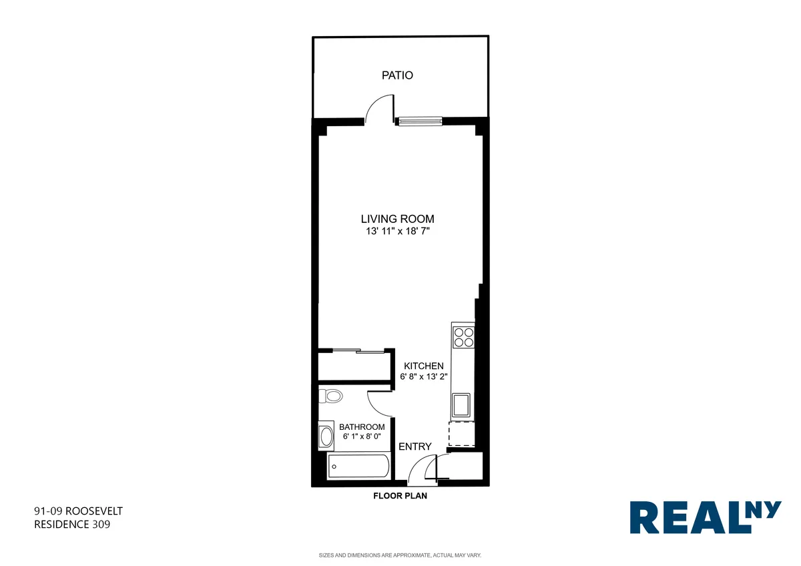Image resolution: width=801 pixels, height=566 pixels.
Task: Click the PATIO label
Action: tap(397, 75)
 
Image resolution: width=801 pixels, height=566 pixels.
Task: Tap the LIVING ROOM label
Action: tap(398, 219)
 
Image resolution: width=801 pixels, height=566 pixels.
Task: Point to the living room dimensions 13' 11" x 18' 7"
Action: tap(398, 232)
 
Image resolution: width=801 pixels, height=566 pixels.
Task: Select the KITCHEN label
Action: tap(423, 366)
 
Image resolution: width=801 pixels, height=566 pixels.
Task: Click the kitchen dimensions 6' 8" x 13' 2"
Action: tap(423, 376)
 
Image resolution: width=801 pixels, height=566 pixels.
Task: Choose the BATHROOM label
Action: tap(362, 427)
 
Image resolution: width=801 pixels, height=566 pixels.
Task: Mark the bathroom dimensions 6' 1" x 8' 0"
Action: tap(362, 437)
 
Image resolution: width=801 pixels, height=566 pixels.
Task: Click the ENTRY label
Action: tap(415, 447)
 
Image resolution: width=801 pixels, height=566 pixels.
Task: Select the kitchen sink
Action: tap(461, 404)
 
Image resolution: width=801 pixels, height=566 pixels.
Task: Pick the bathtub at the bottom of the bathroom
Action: tap(358, 466)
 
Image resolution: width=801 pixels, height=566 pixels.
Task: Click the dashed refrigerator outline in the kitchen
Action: tap(461, 433)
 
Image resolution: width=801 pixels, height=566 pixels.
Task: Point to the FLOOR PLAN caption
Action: tap(400, 496)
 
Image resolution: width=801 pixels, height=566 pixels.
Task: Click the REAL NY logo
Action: tap(705, 518)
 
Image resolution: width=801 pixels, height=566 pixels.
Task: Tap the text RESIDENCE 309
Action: tap(72, 525)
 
